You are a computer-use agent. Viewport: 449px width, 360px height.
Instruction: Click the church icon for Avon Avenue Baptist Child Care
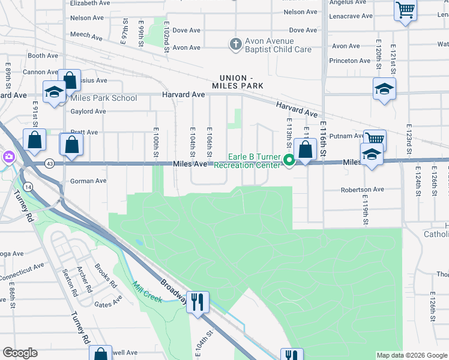click(235, 44)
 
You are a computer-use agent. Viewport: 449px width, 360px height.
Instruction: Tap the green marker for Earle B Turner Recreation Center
click(289, 160)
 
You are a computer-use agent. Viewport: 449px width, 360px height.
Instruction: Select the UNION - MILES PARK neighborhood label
click(241, 82)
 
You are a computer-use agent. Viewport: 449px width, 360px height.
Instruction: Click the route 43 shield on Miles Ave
click(50, 163)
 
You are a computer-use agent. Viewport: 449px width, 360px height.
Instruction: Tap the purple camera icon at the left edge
click(8, 157)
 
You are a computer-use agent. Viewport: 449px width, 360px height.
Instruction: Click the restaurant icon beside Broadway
click(197, 301)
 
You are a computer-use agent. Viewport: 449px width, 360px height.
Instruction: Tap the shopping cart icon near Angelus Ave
click(405, 10)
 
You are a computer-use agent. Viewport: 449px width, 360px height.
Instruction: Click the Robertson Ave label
click(362, 190)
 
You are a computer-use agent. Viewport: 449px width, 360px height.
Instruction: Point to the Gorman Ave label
click(88, 181)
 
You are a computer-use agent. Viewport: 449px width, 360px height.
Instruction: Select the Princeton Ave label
click(349, 61)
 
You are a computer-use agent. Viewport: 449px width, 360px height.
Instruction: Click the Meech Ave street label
click(86, 35)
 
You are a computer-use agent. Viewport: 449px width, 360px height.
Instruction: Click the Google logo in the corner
click(20, 353)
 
